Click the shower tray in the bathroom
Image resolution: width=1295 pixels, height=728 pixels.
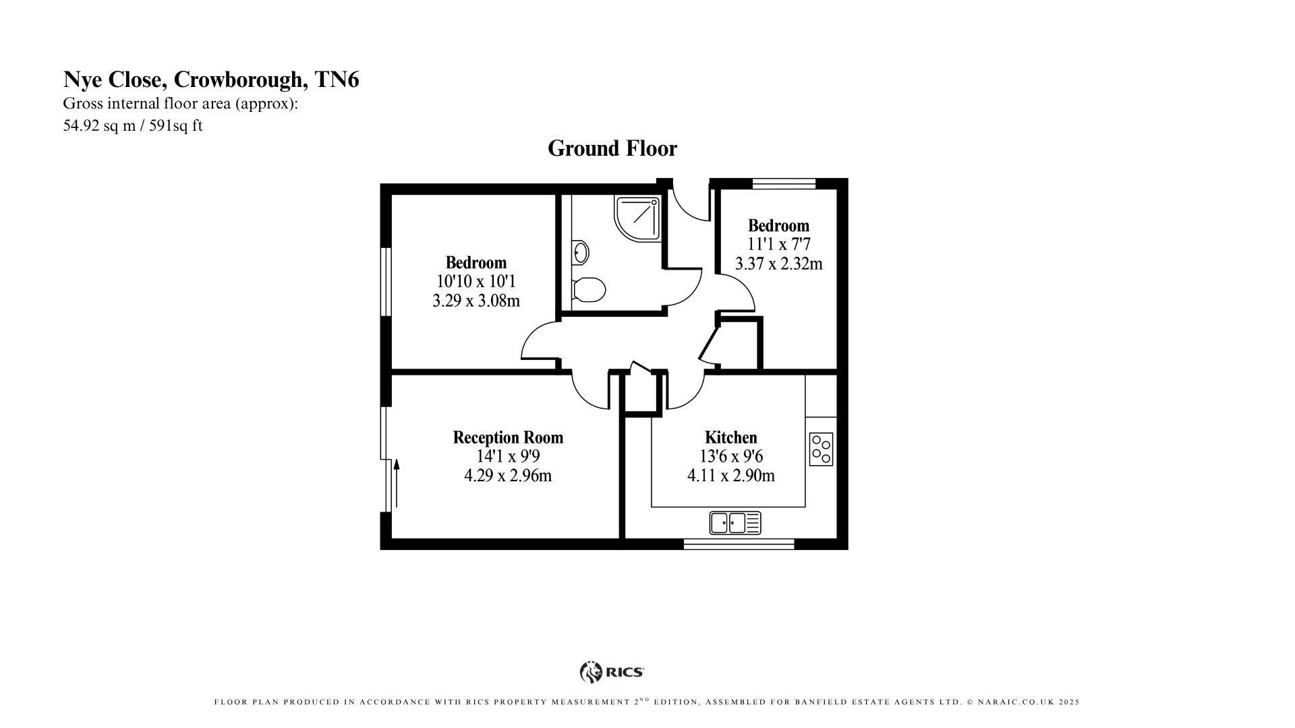click(637, 218)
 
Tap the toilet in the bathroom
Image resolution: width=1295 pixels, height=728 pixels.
click(588, 289)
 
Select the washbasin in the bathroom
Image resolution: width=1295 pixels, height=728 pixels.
click(580, 253)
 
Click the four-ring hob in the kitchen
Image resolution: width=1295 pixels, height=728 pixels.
click(821, 450)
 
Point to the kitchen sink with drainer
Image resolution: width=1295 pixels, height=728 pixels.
click(735, 522)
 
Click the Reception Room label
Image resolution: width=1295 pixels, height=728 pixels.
click(507, 437)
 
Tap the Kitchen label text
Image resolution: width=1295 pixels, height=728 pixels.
click(730, 437)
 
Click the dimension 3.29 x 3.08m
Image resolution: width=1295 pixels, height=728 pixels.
click(476, 301)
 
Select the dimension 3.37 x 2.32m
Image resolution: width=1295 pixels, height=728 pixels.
click(778, 264)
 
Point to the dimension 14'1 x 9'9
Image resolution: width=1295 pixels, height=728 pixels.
click(507, 456)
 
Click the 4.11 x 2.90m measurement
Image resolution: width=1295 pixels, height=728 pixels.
click(730, 475)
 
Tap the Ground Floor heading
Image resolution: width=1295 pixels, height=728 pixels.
click(612, 148)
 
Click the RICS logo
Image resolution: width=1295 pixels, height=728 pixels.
click(612, 671)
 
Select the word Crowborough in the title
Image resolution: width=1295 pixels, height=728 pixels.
click(239, 80)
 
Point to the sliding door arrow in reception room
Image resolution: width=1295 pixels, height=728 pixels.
click(397, 482)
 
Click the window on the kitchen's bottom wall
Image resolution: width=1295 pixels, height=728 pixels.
click(739, 543)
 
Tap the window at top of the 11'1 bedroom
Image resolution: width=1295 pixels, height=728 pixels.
click(784, 183)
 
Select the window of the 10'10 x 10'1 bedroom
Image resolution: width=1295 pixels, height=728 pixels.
click(386, 282)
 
